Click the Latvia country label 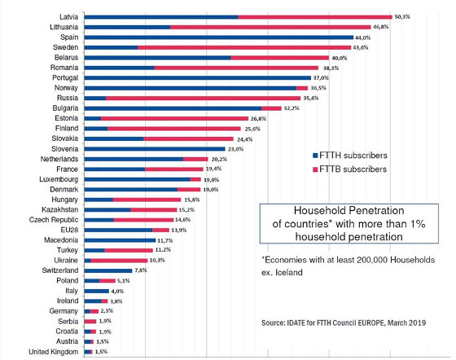click(68, 16)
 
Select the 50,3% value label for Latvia click(402, 16)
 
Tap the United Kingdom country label click(52, 351)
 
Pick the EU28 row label click(69, 230)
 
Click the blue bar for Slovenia click(154, 148)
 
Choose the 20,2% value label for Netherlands click(242, 159)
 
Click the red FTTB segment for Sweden click(244, 47)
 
